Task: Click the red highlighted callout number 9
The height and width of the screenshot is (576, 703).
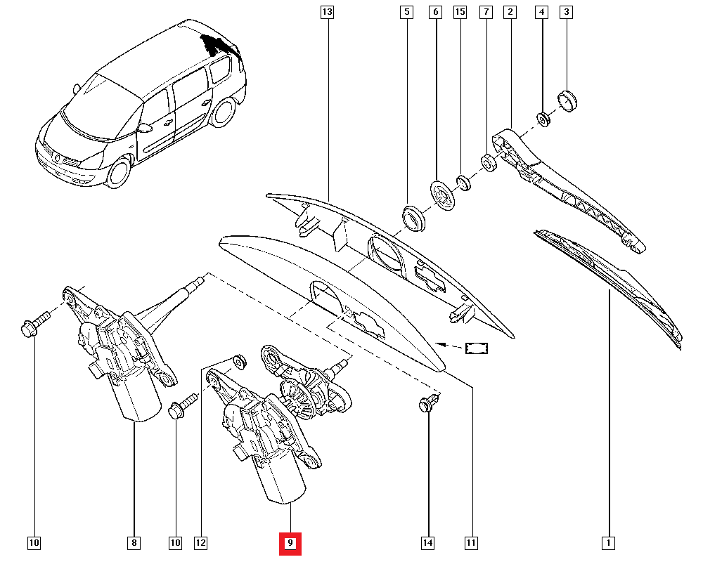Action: tap(290, 543)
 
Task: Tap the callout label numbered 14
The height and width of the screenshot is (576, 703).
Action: tap(427, 543)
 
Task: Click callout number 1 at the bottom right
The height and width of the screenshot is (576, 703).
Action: tap(609, 543)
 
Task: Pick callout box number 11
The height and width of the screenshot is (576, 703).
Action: tap(471, 543)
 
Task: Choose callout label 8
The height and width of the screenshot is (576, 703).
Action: tap(134, 543)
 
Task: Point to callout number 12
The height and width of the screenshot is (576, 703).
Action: tap(201, 543)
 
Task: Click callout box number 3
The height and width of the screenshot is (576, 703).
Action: tap(567, 12)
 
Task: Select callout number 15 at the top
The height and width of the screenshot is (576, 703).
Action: tap(460, 12)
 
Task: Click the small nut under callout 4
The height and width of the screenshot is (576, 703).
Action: tap(543, 119)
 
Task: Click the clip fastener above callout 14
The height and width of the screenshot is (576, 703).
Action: tap(427, 405)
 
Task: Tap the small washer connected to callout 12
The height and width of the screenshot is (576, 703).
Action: tap(239, 361)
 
